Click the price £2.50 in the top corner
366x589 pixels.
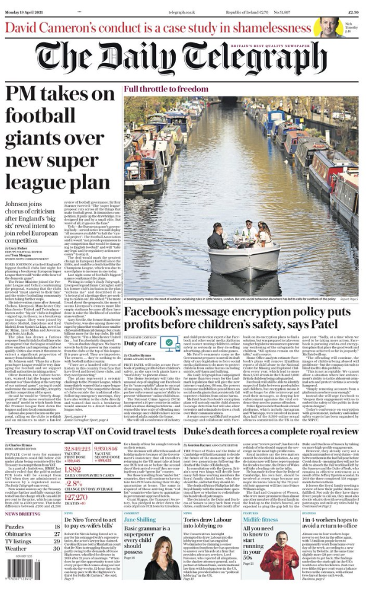coord(352,12)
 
